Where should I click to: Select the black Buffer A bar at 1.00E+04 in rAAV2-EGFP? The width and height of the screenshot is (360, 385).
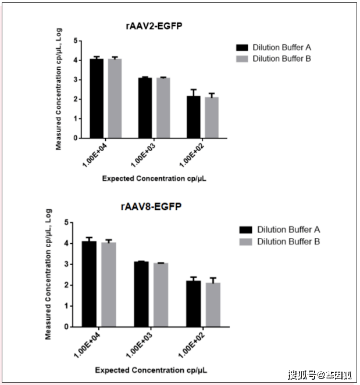[97, 99]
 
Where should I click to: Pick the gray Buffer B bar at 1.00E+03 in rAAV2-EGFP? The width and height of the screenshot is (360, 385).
[163, 108]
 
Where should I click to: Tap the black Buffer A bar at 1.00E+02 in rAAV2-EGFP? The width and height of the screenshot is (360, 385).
[194, 117]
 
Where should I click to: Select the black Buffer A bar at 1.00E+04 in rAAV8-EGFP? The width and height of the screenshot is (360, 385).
[89, 284]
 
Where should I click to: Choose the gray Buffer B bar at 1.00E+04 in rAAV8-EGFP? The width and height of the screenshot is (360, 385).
[108, 285]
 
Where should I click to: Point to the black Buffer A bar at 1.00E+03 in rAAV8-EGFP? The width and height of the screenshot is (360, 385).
[141, 294]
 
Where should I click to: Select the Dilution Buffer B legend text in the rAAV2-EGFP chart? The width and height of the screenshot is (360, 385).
[283, 59]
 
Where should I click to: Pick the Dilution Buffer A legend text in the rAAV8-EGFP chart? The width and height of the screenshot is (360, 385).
[288, 230]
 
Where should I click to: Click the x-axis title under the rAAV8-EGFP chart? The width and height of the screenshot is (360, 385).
[151, 370]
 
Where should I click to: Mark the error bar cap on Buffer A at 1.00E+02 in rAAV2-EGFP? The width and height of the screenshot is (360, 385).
[194, 90]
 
